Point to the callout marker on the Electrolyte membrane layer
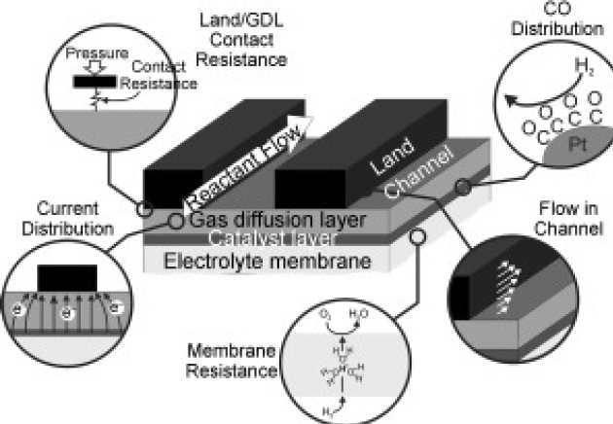click(417, 237)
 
